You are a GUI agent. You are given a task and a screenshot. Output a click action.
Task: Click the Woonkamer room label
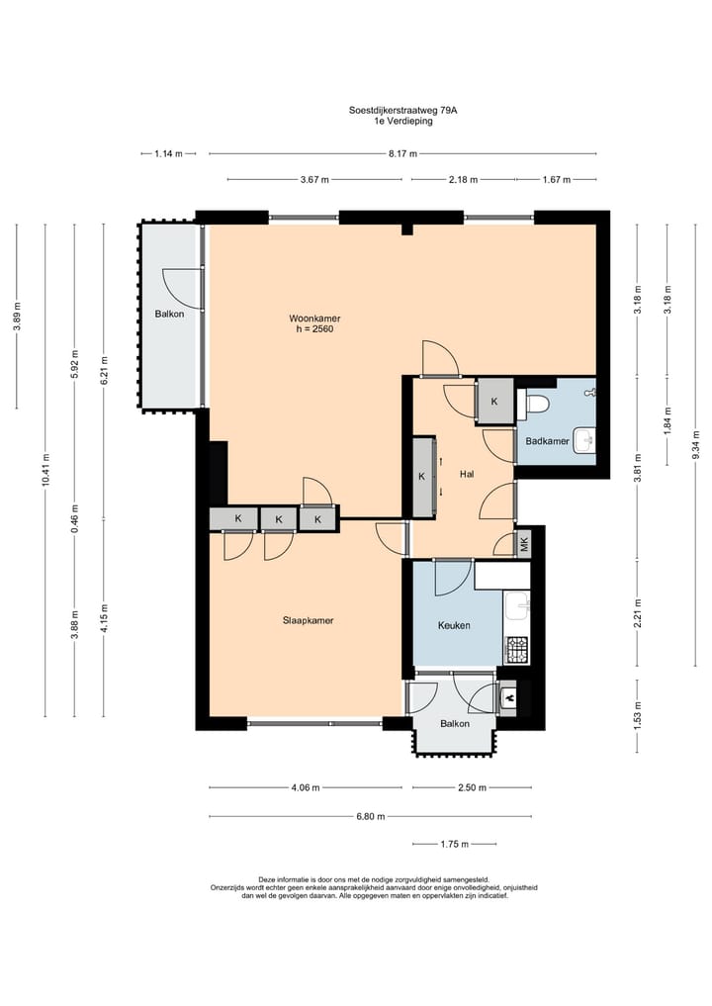(314, 319)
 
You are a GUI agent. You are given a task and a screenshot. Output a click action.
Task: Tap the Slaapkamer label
(308, 620)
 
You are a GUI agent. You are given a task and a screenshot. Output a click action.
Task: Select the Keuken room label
(454, 625)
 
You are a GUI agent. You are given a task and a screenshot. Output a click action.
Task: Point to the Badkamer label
(547, 441)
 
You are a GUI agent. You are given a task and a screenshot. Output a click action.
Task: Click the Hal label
(467, 474)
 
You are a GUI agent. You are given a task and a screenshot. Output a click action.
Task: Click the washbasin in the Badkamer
(584, 440)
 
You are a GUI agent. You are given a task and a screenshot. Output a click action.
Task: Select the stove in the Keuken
(517, 650)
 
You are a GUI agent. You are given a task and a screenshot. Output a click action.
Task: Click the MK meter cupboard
(524, 545)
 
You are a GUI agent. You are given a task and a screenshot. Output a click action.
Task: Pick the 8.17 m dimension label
(402, 153)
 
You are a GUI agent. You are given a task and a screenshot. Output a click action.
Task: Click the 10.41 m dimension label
(45, 470)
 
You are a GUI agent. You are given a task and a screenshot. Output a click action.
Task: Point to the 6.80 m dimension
(371, 816)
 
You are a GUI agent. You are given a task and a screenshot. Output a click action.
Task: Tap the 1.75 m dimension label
(454, 844)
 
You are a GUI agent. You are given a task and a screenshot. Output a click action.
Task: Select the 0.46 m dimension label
(74, 520)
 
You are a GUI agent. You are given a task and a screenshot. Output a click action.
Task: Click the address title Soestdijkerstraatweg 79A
(402, 110)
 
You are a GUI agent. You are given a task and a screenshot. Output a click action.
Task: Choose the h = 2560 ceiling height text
(314, 329)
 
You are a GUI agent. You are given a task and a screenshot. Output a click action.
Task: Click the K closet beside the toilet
(494, 402)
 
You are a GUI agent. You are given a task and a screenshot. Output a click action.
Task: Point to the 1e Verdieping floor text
(403, 121)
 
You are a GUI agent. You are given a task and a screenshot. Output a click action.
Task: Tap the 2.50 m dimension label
(472, 787)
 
